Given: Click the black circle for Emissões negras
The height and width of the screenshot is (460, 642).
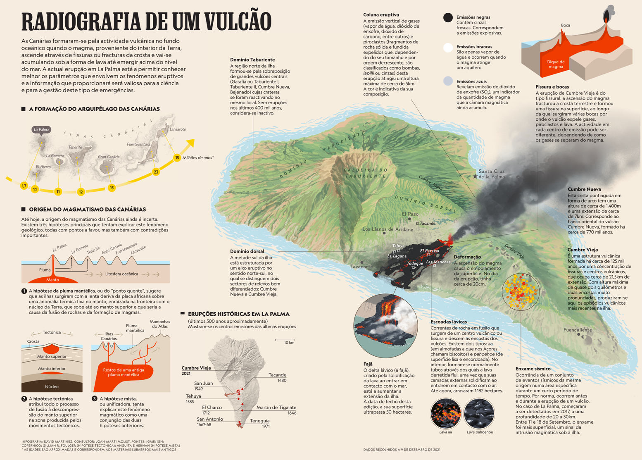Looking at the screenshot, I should point(448,17).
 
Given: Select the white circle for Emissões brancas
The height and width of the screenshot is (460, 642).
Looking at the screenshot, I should point(448,48).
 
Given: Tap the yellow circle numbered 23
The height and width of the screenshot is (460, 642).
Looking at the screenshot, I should point(156,172).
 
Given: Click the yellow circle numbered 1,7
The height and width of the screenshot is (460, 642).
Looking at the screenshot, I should point(24,186).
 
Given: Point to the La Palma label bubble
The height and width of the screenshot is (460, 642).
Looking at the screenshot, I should point(41,130).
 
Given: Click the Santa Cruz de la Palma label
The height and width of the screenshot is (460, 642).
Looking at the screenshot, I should point(491,174).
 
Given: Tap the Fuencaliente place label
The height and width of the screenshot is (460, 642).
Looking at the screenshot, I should point(578,330).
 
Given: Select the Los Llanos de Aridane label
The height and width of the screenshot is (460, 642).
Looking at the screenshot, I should point(388,229).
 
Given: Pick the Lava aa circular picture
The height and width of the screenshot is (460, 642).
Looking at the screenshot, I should point(445,413).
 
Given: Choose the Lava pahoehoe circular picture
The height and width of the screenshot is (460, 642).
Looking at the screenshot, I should point(479,413).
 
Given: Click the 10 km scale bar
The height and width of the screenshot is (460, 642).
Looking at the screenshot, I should point(285,341).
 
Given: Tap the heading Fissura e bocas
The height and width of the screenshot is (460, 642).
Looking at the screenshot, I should point(552,87).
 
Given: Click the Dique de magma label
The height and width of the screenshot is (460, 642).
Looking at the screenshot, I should point(556,64).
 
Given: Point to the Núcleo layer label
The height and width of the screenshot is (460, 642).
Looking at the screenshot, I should point(52,387).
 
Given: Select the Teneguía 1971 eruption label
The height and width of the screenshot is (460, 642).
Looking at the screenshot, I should point(260,423).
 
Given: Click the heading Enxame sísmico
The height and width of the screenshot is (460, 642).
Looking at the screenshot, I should point(533,369).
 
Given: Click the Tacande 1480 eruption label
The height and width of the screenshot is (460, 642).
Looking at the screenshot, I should point(277,377).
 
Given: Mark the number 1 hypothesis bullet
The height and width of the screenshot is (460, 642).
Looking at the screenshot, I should point(24,291).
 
